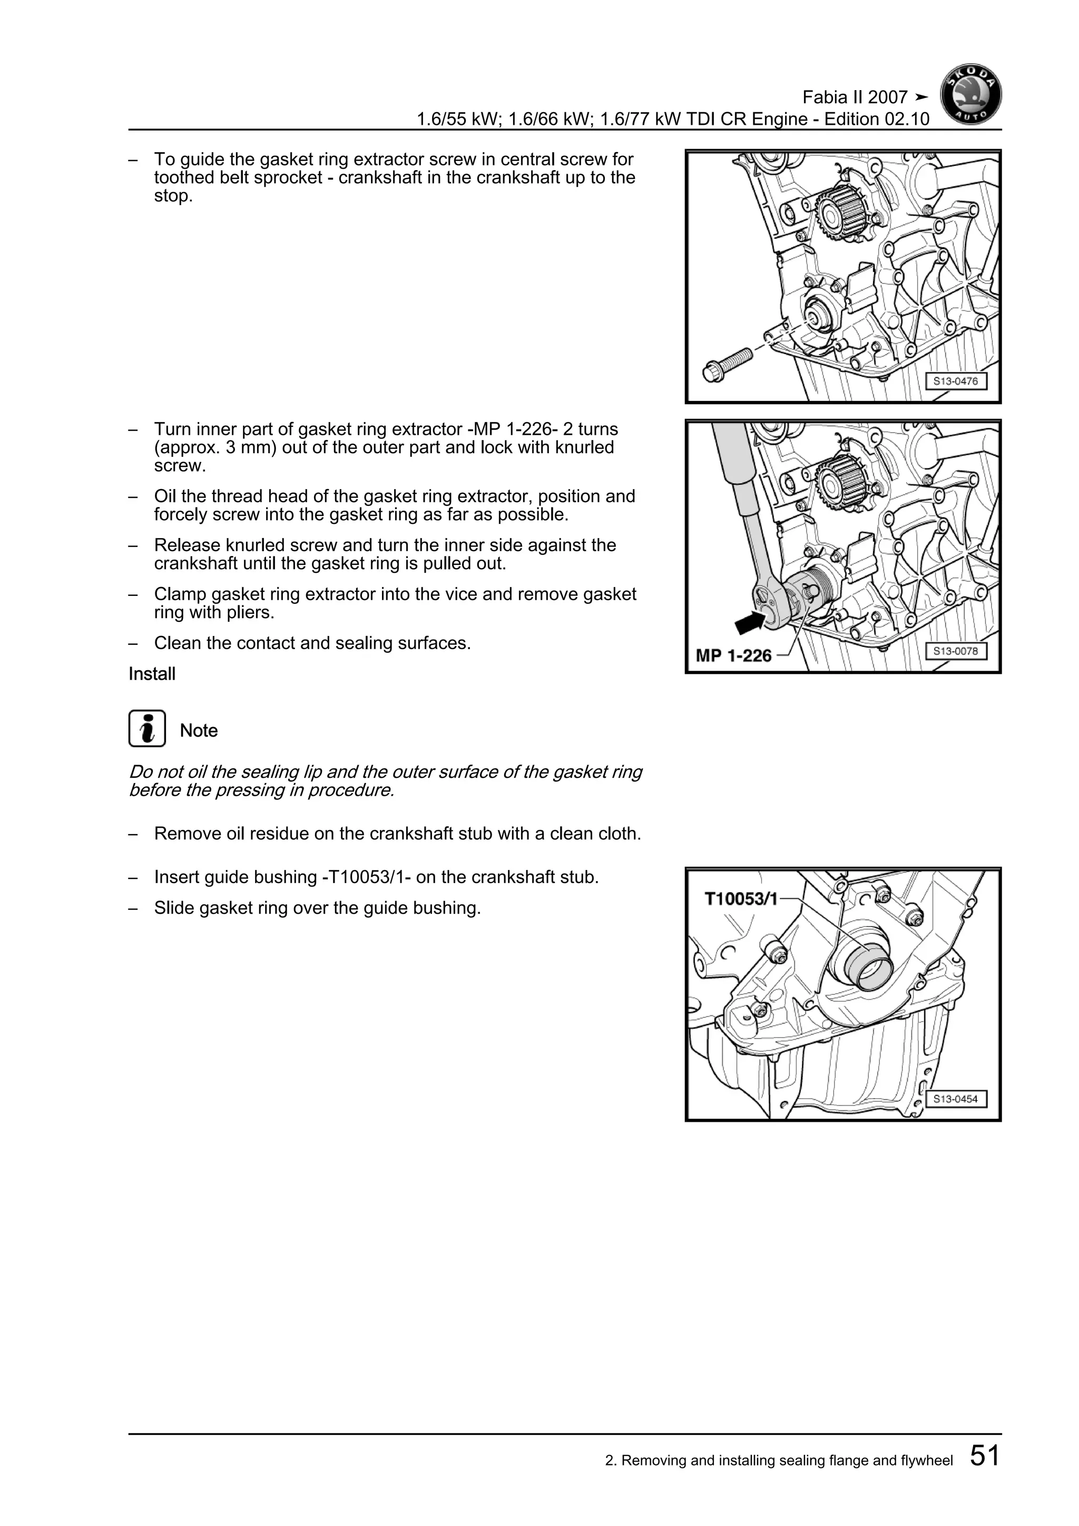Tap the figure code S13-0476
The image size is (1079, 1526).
tap(955, 381)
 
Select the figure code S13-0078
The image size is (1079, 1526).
tap(955, 651)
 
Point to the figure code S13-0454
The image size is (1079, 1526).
tap(955, 1099)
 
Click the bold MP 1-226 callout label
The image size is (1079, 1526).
tap(733, 656)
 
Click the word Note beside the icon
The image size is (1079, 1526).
tap(199, 730)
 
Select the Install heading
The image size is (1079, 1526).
tap(152, 674)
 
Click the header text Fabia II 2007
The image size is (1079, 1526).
tap(855, 97)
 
